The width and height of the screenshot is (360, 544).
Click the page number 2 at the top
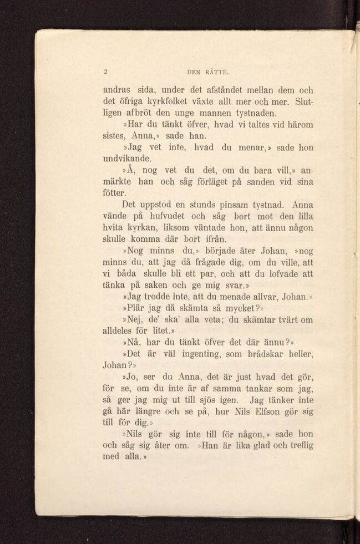coord(105,71)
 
